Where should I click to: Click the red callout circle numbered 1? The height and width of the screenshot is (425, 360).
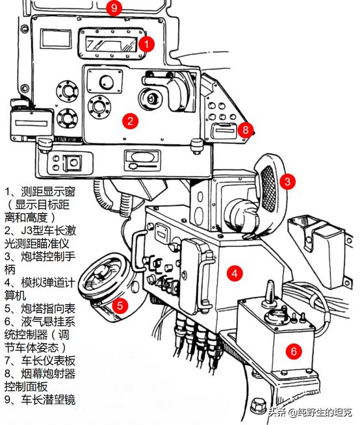coord(148,44)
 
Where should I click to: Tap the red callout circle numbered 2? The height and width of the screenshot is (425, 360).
coord(130,120)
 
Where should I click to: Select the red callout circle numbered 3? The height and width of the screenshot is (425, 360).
coord(288,181)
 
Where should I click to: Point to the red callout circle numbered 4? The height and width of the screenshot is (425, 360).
coord(235,273)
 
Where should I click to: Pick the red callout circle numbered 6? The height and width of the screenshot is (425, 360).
coord(294,351)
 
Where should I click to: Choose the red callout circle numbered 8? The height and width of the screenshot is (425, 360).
coord(244,129)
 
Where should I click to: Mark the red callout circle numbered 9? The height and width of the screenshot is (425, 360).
coord(114,8)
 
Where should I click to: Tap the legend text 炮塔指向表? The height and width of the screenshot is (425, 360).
coord(45,307)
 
